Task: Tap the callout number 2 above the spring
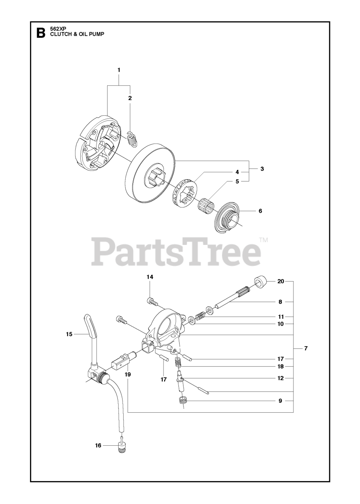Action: (x=130, y=98)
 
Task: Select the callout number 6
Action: (x=260, y=211)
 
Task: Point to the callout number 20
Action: (x=280, y=282)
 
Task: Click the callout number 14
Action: (x=150, y=277)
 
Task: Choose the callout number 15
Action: (x=69, y=334)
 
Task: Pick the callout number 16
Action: (x=98, y=445)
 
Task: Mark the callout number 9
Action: (x=280, y=401)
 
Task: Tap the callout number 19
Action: (x=128, y=374)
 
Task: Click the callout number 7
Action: (x=306, y=348)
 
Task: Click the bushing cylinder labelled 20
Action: (x=260, y=282)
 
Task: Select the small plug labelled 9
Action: (x=182, y=402)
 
